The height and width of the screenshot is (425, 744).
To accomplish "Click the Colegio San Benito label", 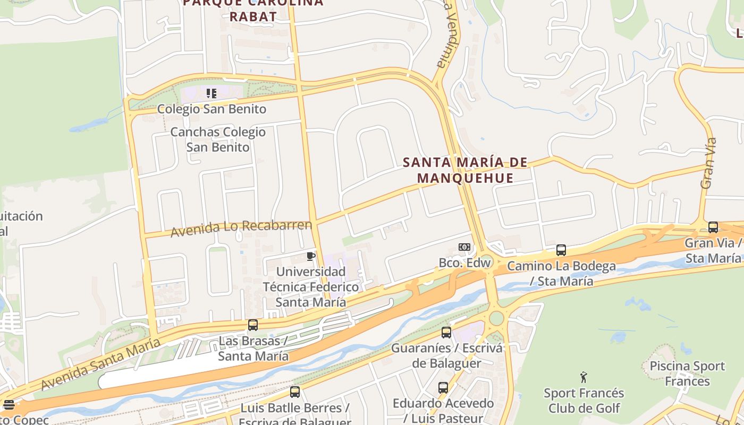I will (212, 109).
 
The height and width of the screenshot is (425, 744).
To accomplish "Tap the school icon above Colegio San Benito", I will (212, 94).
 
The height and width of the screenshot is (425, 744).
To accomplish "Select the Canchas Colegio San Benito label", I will (218, 140).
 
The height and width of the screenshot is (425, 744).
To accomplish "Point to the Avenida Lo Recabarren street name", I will (241, 227).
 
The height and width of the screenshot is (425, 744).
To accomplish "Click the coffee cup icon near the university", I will (311, 257).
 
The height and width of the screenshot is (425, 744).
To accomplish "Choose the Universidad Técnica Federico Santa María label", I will (311, 287).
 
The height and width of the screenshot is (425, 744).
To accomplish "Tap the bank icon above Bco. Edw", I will (464, 247).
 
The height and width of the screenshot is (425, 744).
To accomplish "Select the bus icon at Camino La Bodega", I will (561, 250).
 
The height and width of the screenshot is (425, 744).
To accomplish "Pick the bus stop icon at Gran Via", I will (713, 227).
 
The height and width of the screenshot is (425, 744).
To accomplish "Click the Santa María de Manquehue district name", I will (465, 170).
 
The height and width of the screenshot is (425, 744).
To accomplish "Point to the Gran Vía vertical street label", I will (708, 164).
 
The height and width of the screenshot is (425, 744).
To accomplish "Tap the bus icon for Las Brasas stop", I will (253, 325).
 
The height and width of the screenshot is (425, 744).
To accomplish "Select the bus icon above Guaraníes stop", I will (446, 333).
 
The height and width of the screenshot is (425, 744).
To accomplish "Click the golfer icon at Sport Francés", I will (584, 377).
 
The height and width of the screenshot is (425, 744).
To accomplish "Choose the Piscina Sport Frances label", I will (687, 373).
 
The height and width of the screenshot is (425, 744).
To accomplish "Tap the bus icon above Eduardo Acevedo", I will (443, 387).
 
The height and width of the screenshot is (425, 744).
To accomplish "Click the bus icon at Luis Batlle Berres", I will (295, 392).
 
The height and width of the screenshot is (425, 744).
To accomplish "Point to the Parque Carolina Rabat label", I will (253, 10).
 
